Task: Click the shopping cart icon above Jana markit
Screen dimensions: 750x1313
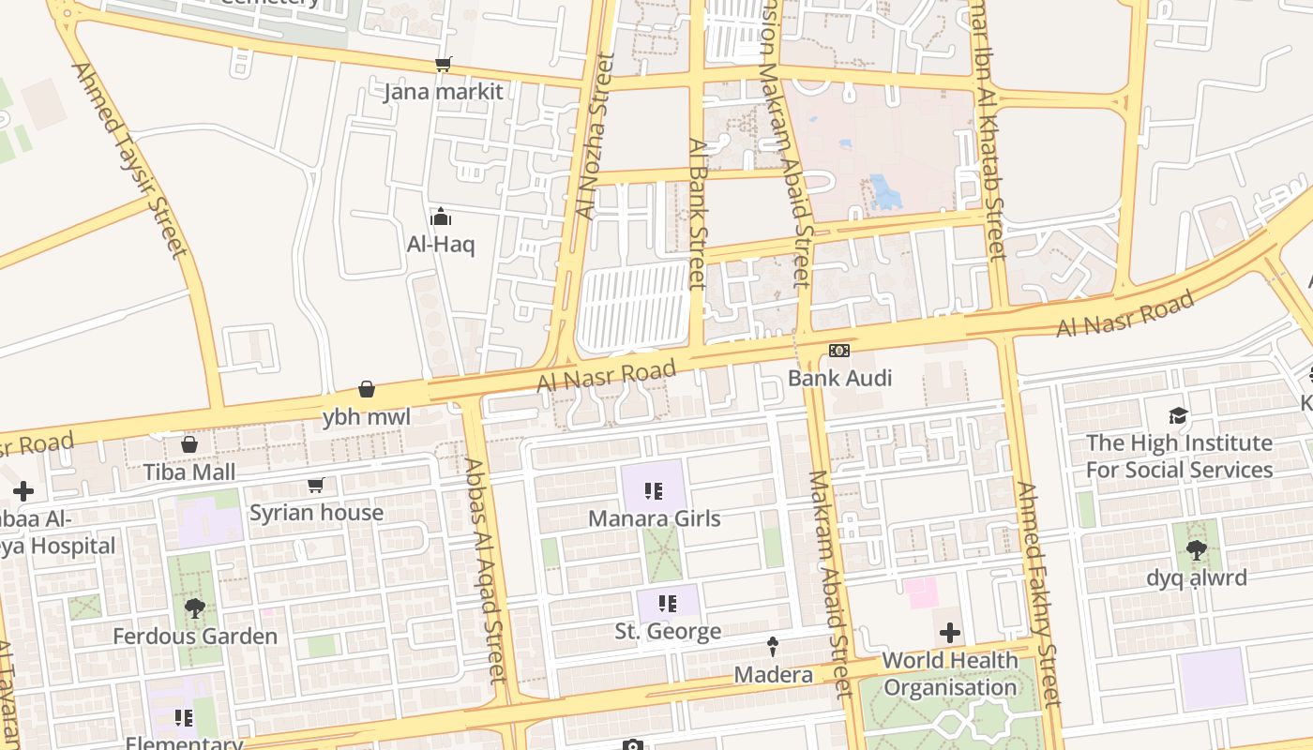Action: click(x=443, y=64)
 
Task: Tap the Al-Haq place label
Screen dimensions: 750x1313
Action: click(x=441, y=245)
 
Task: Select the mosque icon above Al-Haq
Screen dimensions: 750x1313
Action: click(x=441, y=217)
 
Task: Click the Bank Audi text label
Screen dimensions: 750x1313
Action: click(x=839, y=378)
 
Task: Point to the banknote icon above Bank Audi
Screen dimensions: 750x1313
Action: click(x=839, y=350)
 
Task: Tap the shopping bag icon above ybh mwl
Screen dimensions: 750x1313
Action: click(x=367, y=389)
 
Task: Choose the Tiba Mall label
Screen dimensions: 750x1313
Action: click(x=189, y=472)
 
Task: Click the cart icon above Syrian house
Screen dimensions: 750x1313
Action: click(x=316, y=486)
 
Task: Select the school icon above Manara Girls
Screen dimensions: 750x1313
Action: click(x=654, y=491)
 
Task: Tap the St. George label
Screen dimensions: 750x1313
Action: click(x=668, y=631)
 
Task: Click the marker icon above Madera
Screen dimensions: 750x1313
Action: click(x=773, y=646)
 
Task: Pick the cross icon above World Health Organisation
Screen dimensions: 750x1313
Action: click(x=950, y=633)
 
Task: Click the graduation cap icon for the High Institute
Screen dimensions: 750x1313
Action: click(x=1178, y=415)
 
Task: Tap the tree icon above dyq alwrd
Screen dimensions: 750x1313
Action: click(x=1196, y=550)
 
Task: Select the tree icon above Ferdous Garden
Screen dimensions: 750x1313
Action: click(x=195, y=608)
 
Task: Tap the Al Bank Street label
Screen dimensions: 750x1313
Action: click(x=696, y=214)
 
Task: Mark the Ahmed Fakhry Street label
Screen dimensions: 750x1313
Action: click(x=1038, y=594)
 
